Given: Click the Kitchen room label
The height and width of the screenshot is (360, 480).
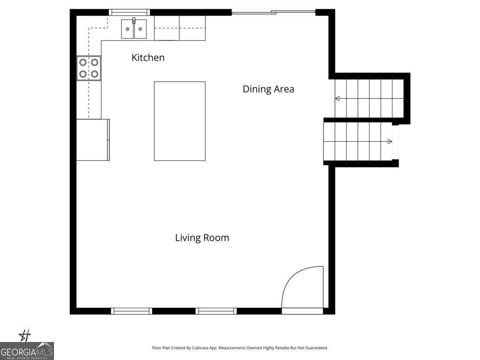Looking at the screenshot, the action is click(148, 58).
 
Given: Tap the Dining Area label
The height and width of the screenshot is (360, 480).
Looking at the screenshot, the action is click(268, 89).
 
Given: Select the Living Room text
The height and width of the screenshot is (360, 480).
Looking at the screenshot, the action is click(202, 238).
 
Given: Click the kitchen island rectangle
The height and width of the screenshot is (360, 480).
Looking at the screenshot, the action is click(180, 121).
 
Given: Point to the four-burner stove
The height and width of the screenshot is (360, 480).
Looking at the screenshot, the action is click(89, 68).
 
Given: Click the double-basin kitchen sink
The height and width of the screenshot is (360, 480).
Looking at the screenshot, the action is click(134, 29).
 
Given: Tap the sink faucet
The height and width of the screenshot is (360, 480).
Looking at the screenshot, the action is click(134, 20).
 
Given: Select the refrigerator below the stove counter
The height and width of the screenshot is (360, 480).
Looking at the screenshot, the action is click(93, 140).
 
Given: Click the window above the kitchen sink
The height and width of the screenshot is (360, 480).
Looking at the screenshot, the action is click(129, 12).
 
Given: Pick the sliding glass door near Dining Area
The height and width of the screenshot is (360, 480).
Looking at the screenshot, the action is click(273, 12).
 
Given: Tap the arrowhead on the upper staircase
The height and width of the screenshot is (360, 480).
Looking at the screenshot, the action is click(338, 98).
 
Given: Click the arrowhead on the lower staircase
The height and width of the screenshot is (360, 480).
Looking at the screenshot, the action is click(390, 142).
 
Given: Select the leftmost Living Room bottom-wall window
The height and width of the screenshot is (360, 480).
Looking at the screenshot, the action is click(131, 311).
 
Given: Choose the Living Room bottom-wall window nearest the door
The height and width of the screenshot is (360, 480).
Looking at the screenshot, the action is click(216, 311).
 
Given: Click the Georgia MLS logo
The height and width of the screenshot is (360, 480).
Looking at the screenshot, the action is click(27, 351).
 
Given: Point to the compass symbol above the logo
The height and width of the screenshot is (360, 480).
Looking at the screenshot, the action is click(24, 336).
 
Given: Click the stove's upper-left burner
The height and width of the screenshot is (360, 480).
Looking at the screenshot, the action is click(83, 62).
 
